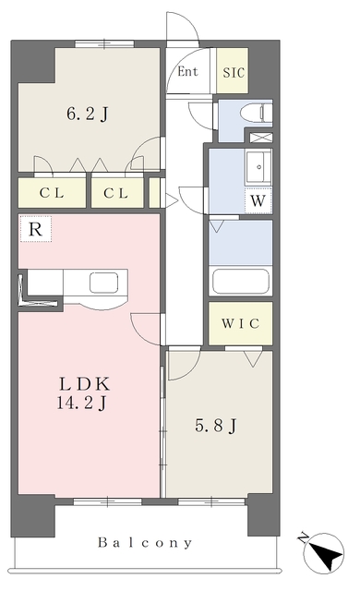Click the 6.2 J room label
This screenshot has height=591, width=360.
88,114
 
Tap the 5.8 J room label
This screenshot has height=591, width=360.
216,426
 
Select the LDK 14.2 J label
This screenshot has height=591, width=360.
84,393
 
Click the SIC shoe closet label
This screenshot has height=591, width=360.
234,72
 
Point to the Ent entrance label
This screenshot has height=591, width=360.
187,71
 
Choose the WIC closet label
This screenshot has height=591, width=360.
241,323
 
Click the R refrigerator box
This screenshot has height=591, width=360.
35,229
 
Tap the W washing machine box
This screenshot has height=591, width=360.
258,200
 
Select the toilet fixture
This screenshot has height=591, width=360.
256,113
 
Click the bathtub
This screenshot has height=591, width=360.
241,281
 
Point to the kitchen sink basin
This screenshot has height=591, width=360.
104,283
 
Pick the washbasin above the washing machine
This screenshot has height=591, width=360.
258,166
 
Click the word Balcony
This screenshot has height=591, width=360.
145,543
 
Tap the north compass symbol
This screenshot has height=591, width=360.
323,552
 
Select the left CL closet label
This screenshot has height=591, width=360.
52,193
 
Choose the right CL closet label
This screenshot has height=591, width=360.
116,193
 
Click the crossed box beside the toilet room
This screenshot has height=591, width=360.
261,138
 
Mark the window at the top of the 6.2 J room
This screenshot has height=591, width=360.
104,44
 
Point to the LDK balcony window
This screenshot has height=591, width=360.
107,501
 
